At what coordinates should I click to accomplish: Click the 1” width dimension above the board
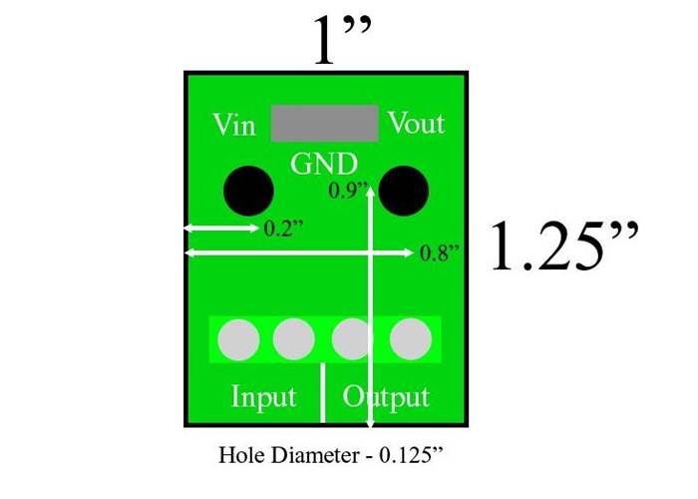[x=342, y=42]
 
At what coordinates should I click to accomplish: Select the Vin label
[x=234, y=126]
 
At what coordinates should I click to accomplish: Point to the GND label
[x=324, y=163]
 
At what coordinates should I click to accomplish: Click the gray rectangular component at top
[x=325, y=123]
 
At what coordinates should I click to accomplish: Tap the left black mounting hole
[x=247, y=191]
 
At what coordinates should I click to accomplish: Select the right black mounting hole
[x=404, y=190]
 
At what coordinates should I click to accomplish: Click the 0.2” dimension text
[x=284, y=229]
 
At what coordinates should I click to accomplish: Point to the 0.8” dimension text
[x=439, y=252]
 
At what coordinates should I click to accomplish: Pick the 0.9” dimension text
[x=348, y=191]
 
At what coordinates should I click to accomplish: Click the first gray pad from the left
[x=238, y=341]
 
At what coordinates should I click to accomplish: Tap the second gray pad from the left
[x=294, y=341]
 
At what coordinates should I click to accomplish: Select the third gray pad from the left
[x=352, y=341]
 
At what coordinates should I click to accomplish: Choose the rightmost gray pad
[x=409, y=341]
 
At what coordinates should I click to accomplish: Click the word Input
[x=264, y=396]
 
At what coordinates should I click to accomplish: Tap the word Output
[x=387, y=396]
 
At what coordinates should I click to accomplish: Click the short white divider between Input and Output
[x=323, y=393]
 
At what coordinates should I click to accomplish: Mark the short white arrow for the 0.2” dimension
[x=221, y=229]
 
